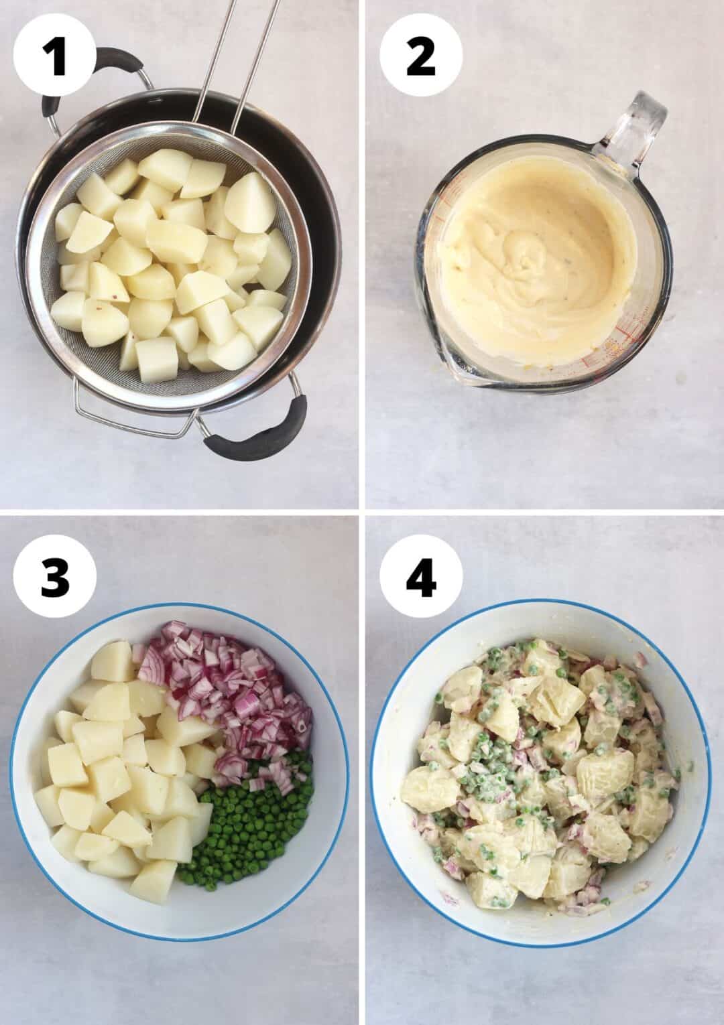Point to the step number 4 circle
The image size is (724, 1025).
pos(421,577)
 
